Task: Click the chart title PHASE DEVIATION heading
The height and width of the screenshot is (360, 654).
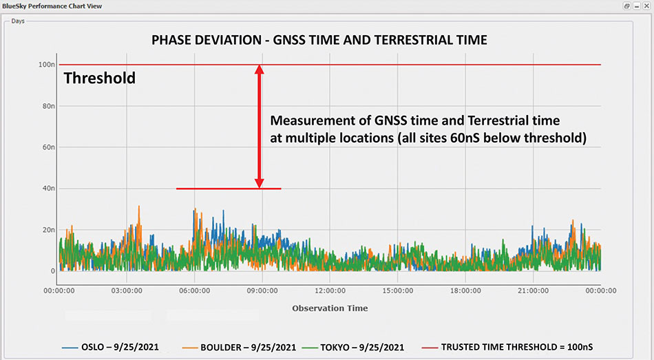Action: click(x=319, y=41)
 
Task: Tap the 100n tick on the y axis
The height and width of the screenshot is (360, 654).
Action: click(x=46, y=65)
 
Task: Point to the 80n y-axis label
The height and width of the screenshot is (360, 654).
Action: click(x=48, y=106)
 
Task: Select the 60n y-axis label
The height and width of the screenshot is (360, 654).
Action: click(x=48, y=147)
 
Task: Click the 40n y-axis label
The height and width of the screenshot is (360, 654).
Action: click(x=48, y=189)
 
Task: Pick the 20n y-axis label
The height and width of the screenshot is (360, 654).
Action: click(x=48, y=230)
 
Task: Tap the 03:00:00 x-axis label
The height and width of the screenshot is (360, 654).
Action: click(x=127, y=291)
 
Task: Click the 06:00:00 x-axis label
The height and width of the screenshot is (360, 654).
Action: click(x=194, y=291)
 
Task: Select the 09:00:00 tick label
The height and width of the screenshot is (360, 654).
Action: click(x=262, y=291)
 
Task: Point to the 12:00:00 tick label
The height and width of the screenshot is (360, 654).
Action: click(x=330, y=291)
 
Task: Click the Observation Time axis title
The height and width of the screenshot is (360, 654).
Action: click(x=330, y=308)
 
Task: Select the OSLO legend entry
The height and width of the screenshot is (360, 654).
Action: click(x=110, y=347)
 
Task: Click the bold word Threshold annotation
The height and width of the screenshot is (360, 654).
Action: click(x=100, y=78)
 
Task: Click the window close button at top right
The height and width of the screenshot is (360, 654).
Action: click(x=646, y=6)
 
